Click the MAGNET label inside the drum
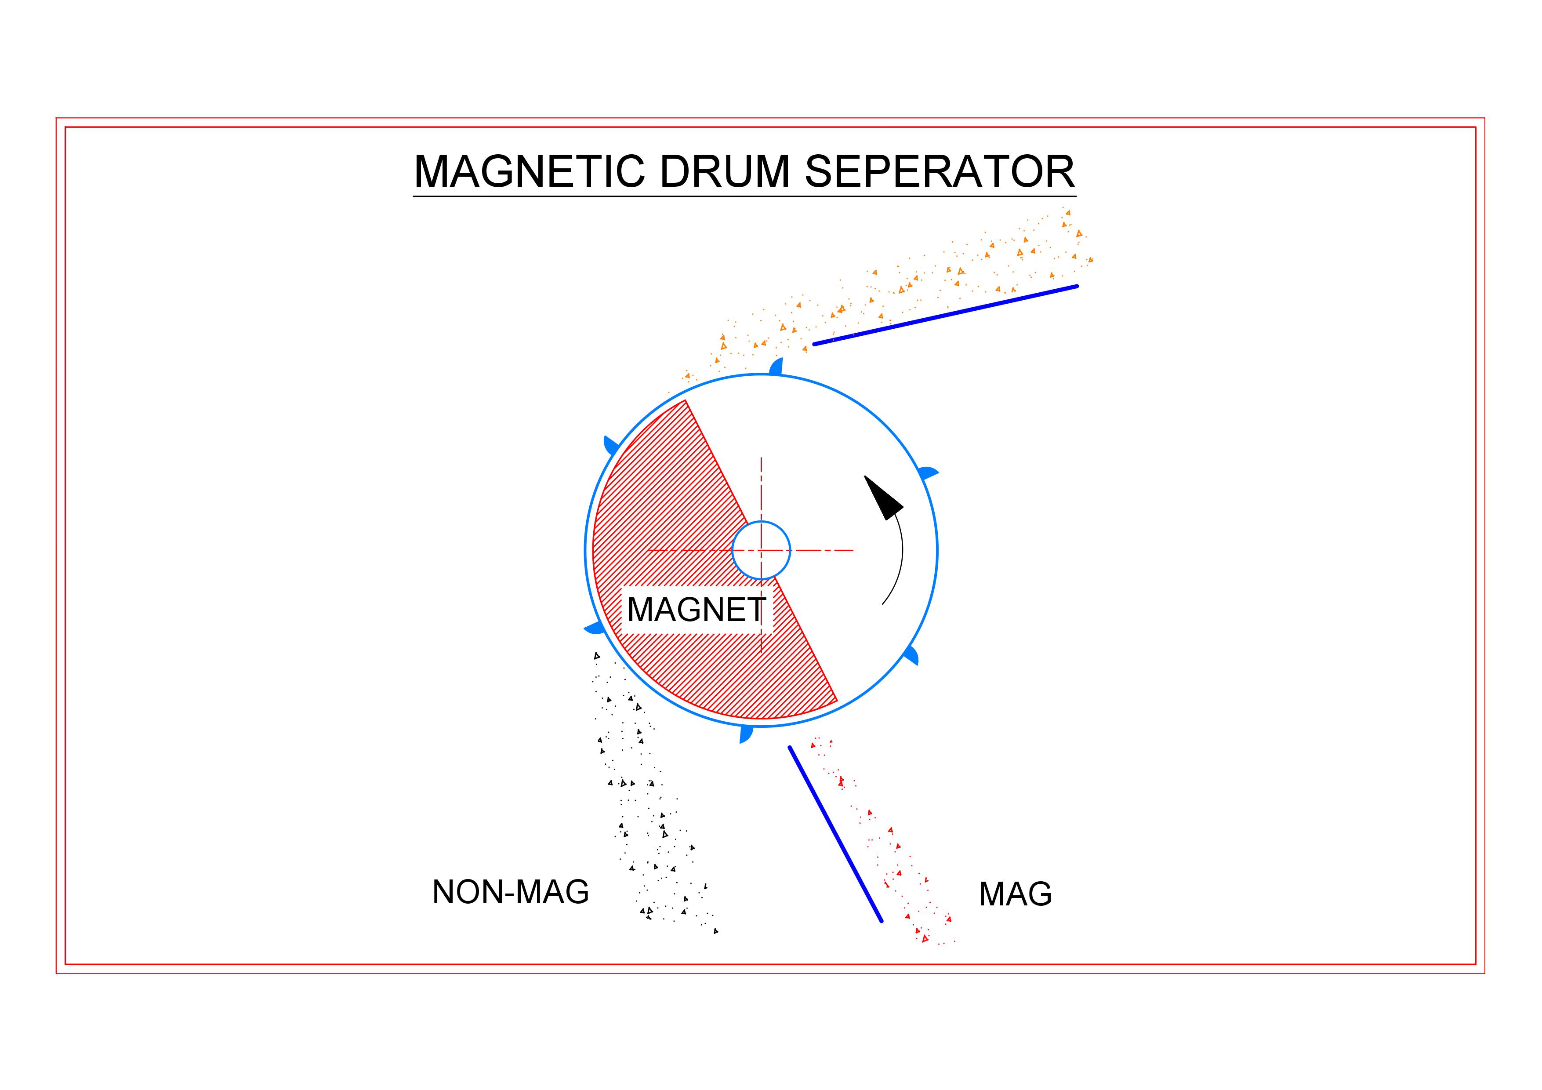[696, 610]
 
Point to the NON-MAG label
[511, 892]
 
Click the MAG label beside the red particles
[1015, 894]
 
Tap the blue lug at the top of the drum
[776, 367]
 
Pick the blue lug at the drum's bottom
[745, 734]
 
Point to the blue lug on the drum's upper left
[611, 445]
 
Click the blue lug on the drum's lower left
[595, 628]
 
